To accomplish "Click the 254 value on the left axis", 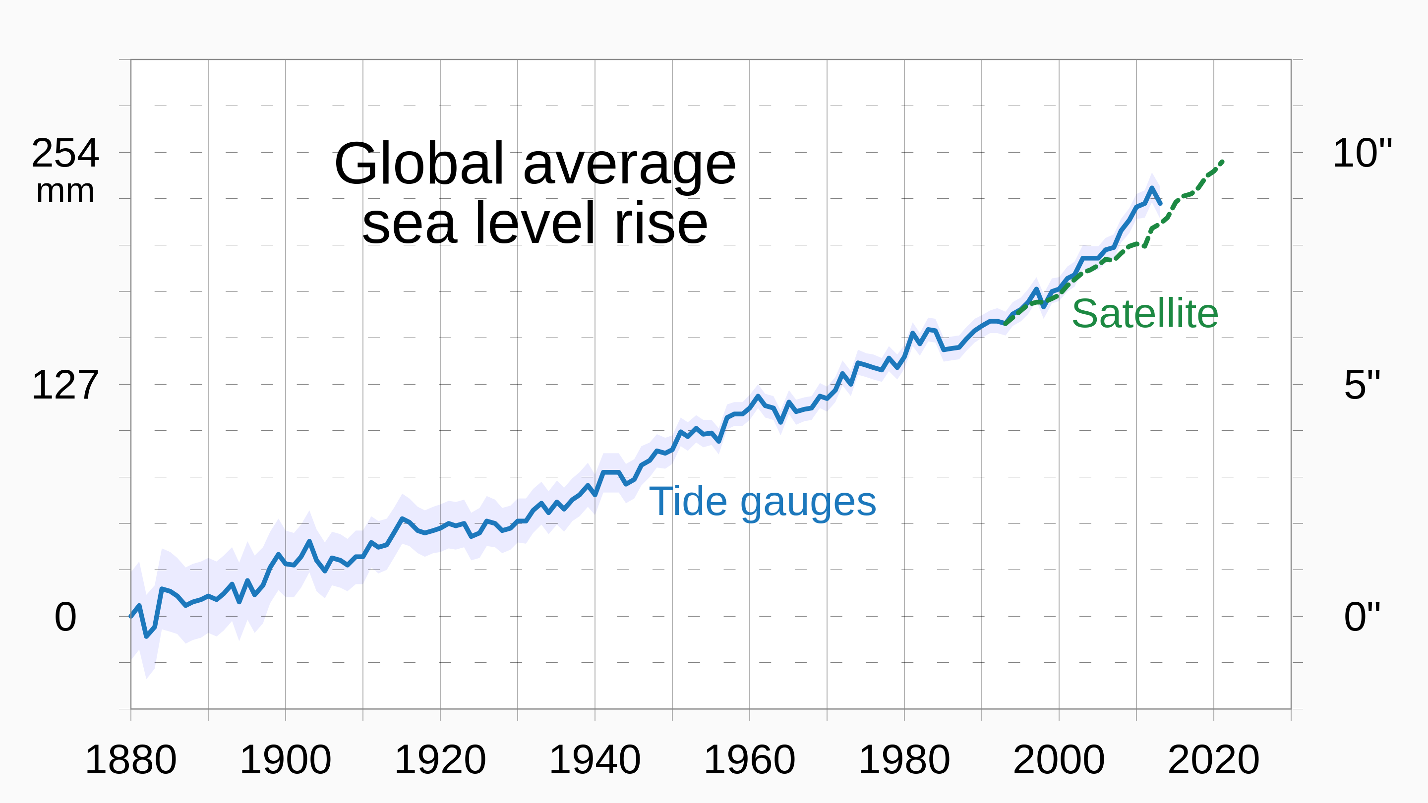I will coord(65,153).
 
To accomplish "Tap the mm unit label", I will coord(65,192).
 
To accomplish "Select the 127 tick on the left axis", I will coord(65,385).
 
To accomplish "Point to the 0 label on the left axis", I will coord(65,617).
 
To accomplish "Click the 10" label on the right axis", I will coord(1362,153).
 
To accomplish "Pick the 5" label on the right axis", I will coord(1362,385).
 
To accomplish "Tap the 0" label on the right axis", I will coord(1362,617).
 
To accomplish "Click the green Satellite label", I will coord(1145,314).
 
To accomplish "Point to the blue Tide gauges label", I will coord(762,502).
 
